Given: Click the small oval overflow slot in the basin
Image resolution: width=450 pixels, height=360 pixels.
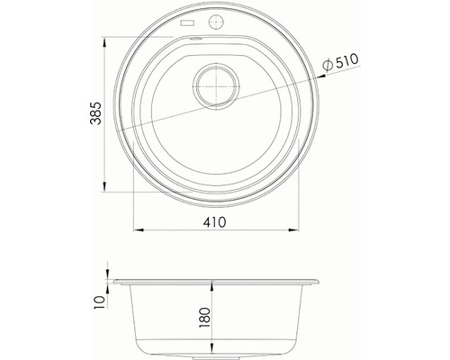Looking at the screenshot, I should click(x=196, y=39).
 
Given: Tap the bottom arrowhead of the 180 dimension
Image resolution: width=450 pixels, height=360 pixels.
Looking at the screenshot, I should click(x=212, y=353).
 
